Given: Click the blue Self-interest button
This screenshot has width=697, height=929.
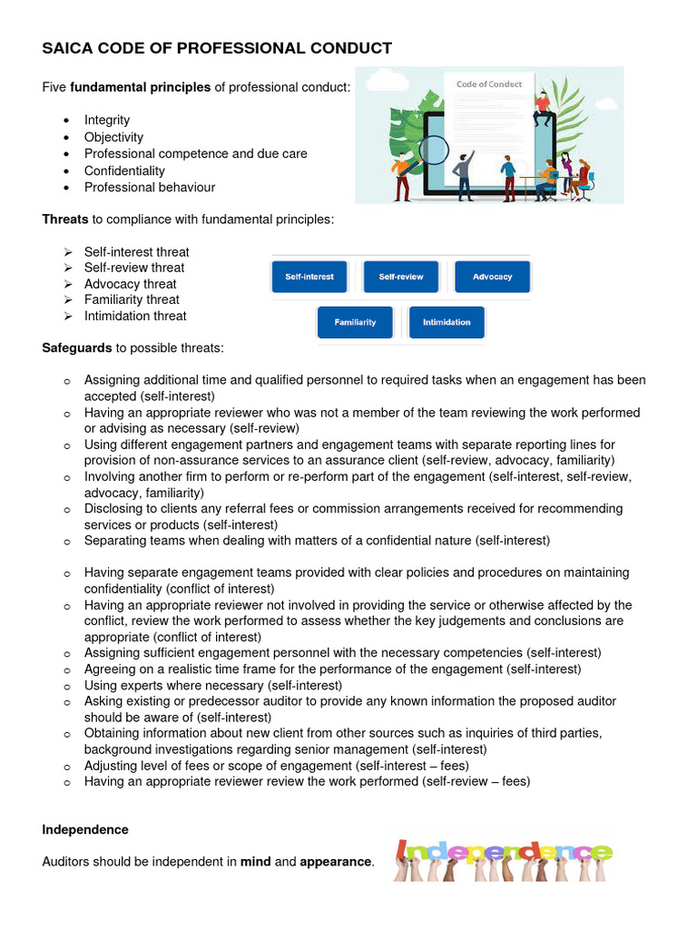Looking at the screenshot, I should pos(309,277).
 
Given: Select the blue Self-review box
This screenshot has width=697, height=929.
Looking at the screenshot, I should pos(400,277).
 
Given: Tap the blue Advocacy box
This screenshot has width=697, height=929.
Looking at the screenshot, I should pos(492,277).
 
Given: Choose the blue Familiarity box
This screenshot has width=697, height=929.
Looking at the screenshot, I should pos(355,322).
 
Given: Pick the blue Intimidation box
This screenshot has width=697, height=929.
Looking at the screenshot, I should pos(447,322).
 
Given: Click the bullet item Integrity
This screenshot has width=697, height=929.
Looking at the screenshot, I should pos(107,120).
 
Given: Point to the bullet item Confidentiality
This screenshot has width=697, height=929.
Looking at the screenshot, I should pos(124,171).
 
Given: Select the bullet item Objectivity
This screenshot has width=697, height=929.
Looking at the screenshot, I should pos(113,137).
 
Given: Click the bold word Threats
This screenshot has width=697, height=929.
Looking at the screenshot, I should pos(65,219).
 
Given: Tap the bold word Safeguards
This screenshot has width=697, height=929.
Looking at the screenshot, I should pos(77,347).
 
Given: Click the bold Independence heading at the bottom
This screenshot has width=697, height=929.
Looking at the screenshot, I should pos(85,829).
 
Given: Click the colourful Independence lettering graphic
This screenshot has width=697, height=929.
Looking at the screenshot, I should pos(505,853).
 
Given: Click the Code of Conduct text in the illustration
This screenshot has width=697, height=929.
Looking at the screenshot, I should pos(489,84).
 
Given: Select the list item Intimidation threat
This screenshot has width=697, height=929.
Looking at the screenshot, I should pos(135,316).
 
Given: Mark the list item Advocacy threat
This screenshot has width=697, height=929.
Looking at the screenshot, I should pos(130,284).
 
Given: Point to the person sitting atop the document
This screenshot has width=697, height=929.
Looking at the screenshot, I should pos(544,107).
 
